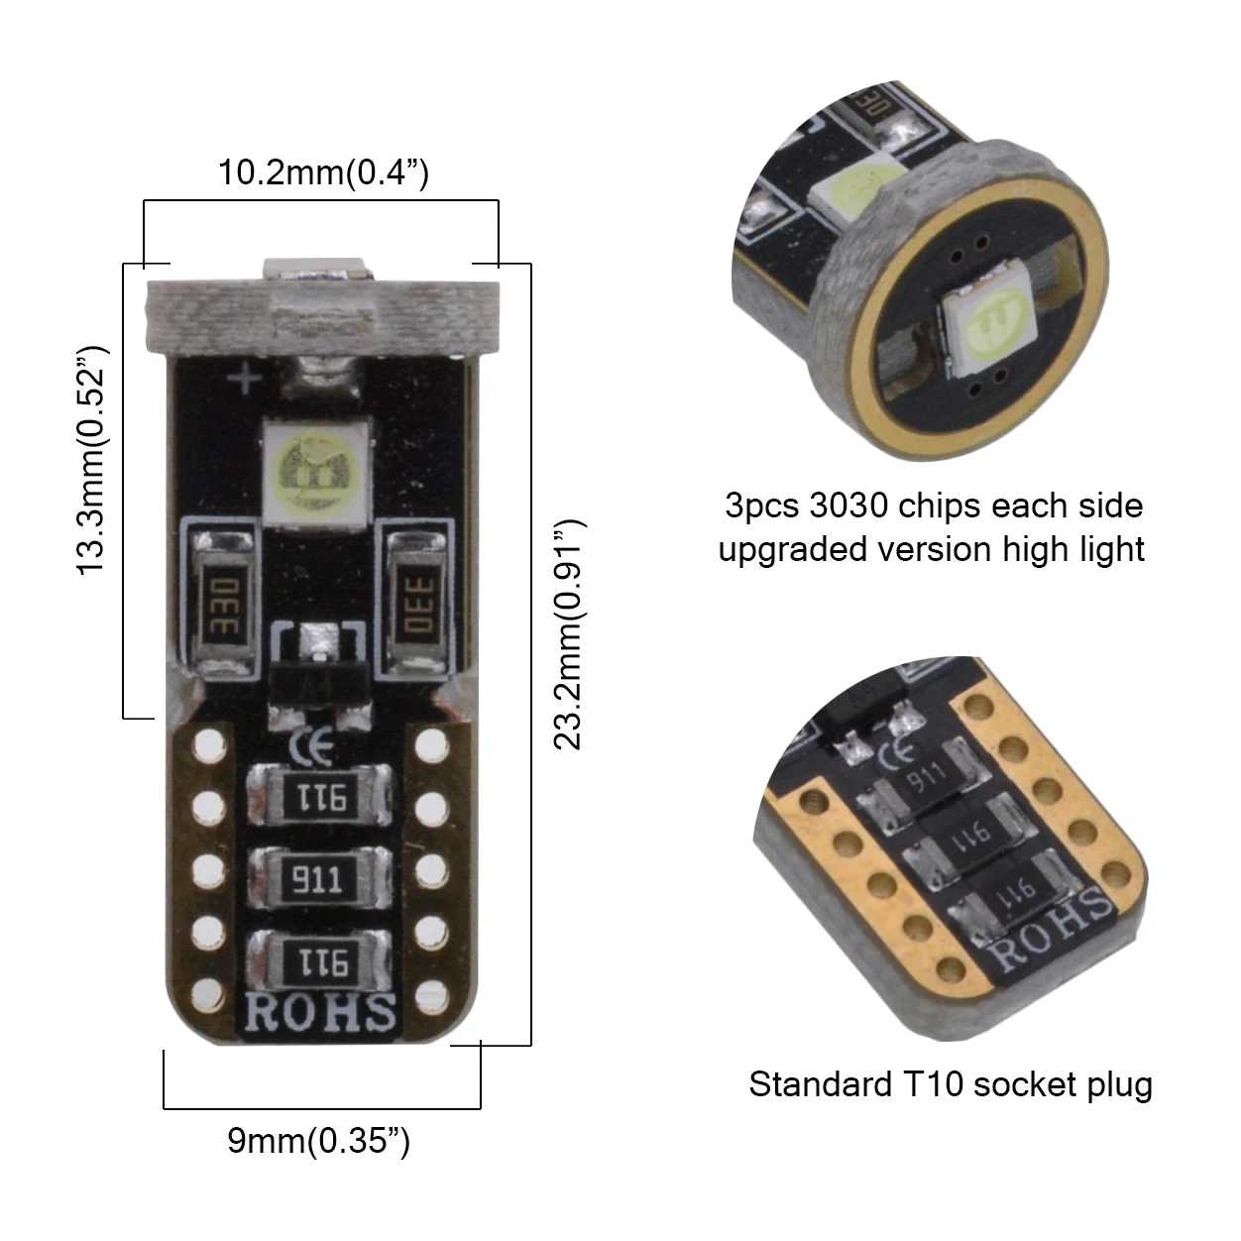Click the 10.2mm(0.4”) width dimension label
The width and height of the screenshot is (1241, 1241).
click(323, 172)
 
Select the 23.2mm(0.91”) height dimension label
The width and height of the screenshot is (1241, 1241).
click(568, 634)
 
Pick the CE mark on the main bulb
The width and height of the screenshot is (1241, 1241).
click(312, 747)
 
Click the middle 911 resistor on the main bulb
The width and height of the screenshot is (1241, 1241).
click(319, 879)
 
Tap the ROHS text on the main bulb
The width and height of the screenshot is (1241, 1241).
click(320, 1012)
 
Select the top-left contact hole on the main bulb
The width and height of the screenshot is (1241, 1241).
click(210, 745)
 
